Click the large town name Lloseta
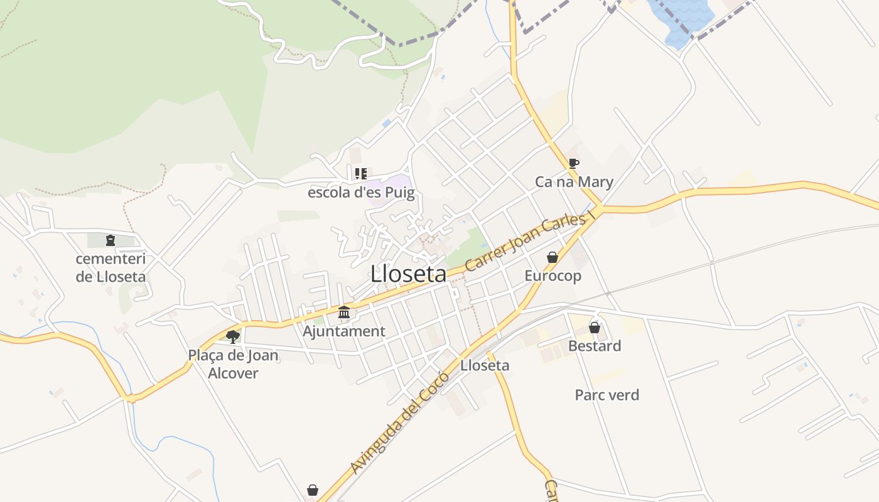pos(408,274)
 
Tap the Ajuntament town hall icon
pos(344,312)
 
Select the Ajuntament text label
pos(344,331)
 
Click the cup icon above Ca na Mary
pos(573,164)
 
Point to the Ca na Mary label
pos(574,182)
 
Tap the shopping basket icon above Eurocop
pos(553,257)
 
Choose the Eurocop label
pos(553,275)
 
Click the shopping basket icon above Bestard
pos(595,328)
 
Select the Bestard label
pos(595,346)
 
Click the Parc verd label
pos(607,395)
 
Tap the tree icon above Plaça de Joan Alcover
pos(233,336)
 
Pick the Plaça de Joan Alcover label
pos(233,364)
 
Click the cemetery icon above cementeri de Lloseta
pos(111,240)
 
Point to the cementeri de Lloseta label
pos(111,267)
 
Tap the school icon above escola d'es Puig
pos(360,173)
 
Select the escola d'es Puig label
pos(361,192)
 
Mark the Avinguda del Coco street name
pos(400,422)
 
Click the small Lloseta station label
pos(485,365)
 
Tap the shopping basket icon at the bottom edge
pos(313,490)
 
